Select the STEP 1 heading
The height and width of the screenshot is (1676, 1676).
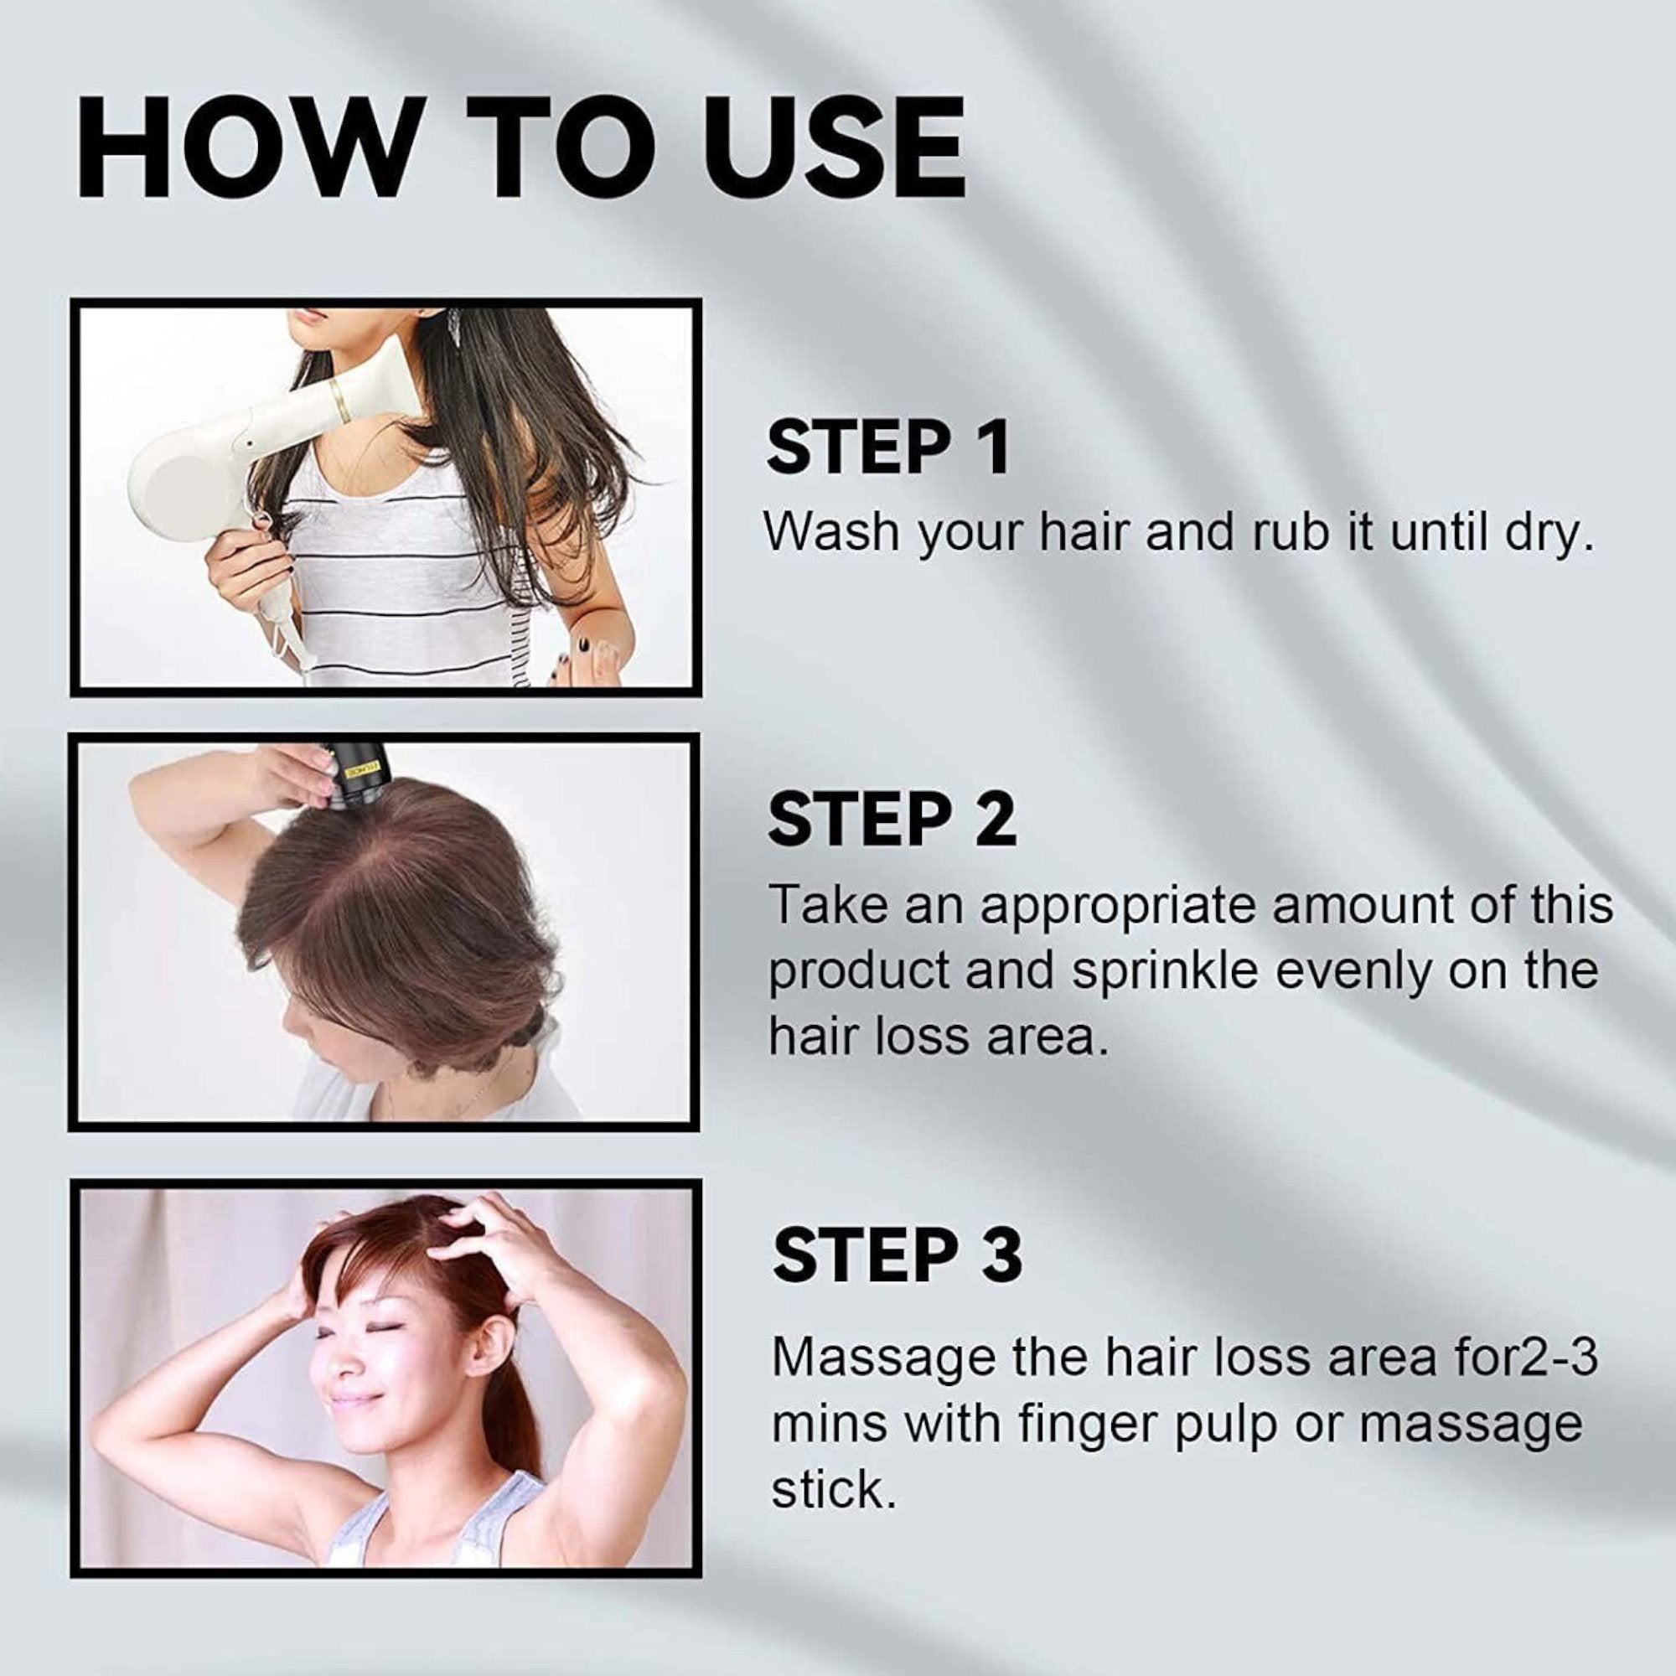[888, 447]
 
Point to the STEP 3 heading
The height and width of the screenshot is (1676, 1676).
[897, 1255]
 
